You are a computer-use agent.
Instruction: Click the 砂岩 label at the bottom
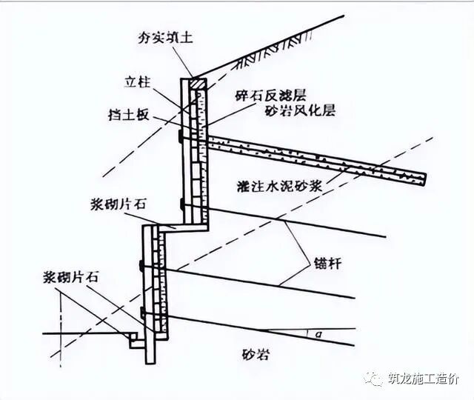[x=255, y=354]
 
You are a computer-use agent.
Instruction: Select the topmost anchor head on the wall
[x=181, y=137]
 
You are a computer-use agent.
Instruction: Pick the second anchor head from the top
[x=181, y=203]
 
